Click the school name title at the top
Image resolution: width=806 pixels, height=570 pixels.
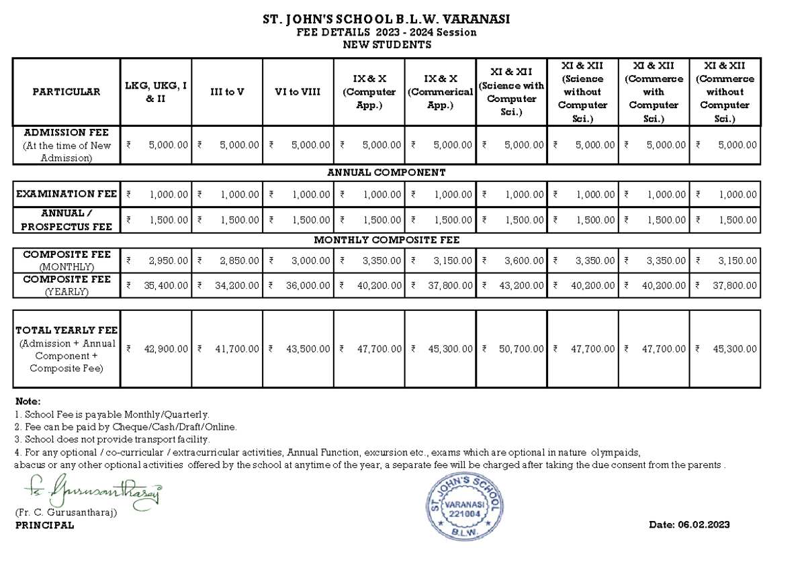(x=386, y=19)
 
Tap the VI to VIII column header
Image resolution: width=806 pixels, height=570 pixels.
(x=298, y=92)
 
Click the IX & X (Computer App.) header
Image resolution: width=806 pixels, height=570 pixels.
(x=369, y=92)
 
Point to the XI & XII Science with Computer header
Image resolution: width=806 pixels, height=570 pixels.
(x=511, y=92)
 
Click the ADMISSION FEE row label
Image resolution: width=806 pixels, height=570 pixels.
(x=66, y=145)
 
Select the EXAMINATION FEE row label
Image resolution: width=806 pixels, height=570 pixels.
(x=66, y=194)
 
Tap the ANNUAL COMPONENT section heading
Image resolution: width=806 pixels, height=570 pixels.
(x=386, y=173)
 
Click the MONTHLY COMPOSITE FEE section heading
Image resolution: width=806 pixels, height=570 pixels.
(x=386, y=240)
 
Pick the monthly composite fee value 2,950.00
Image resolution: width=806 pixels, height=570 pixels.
(x=168, y=260)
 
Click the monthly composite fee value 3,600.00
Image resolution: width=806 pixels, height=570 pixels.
(x=524, y=260)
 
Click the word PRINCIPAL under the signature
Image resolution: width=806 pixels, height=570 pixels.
(x=44, y=526)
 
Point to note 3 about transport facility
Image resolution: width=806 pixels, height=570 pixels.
(x=112, y=439)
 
